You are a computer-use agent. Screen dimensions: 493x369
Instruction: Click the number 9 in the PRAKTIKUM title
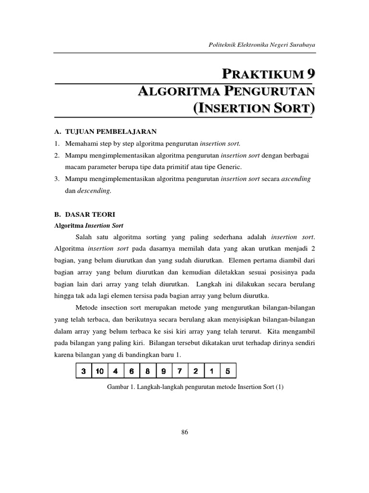pos(311,74)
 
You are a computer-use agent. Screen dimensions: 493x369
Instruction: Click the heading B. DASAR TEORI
pos(84,214)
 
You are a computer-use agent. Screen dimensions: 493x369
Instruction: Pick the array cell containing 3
pos(84,371)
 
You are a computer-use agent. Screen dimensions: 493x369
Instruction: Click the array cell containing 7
pos(180,371)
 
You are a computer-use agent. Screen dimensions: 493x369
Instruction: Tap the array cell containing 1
pos(211,371)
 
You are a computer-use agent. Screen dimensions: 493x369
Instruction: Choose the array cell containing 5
pos(228,371)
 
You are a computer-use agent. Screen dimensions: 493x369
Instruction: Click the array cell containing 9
pos(164,371)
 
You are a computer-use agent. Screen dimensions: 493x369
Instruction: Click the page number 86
pos(184,432)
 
